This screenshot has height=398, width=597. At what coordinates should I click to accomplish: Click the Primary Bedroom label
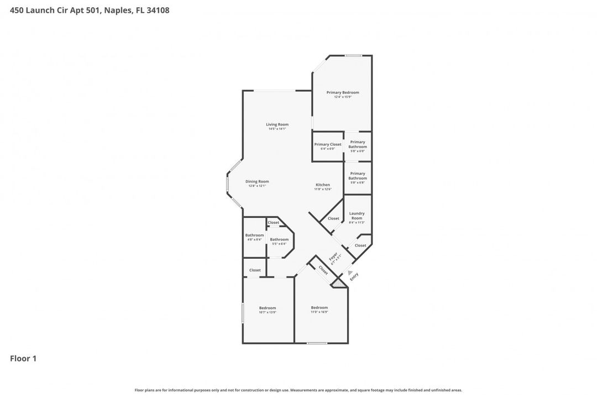click(x=343, y=92)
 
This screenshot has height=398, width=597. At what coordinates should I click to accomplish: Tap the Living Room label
click(x=277, y=124)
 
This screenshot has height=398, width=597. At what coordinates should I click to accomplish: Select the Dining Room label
click(x=257, y=181)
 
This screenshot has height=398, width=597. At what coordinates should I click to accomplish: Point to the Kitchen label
click(x=323, y=185)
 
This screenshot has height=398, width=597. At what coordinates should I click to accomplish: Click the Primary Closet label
click(x=328, y=144)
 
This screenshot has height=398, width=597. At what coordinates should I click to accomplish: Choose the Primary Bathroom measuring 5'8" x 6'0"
click(x=358, y=144)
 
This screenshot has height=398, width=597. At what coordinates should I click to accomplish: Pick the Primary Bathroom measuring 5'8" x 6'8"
click(x=358, y=176)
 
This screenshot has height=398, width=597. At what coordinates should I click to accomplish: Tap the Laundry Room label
click(x=357, y=216)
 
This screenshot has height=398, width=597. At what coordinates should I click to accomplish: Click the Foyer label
click(x=333, y=257)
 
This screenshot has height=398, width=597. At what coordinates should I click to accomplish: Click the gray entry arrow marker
click(x=349, y=271)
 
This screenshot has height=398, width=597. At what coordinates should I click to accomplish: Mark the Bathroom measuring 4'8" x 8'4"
click(x=254, y=235)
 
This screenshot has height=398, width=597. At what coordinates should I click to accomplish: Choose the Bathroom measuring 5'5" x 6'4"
click(x=279, y=239)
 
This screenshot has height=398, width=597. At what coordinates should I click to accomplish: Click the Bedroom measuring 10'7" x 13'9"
click(x=267, y=308)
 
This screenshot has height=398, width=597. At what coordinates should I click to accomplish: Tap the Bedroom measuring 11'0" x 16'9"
click(x=319, y=308)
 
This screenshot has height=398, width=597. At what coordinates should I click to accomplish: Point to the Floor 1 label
click(x=23, y=359)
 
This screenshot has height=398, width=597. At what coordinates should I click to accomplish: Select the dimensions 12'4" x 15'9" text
click(x=343, y=97)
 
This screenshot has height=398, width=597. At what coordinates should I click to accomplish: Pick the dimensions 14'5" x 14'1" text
click(x=277, y=129)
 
